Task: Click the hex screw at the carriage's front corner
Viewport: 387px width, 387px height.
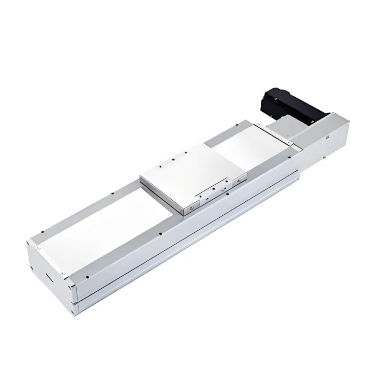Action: coord(191,207)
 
